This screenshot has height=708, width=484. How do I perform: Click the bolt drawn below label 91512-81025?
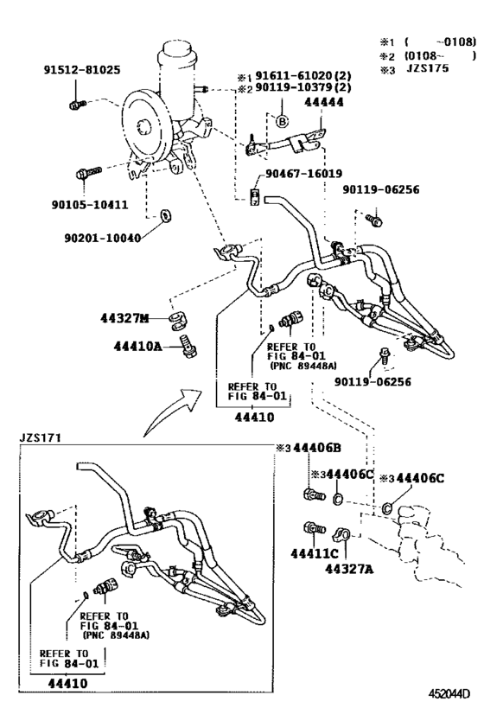(x=75, y=104)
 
